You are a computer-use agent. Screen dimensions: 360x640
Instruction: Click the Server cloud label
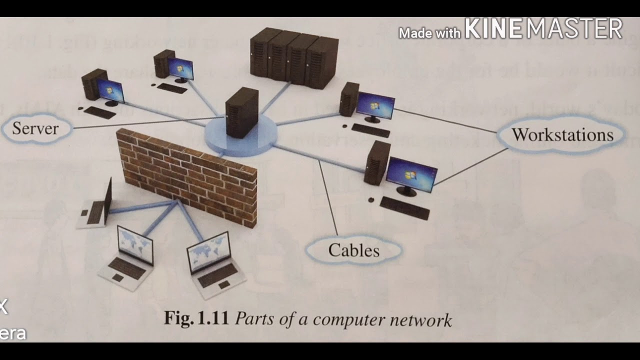click(x=35, y=129)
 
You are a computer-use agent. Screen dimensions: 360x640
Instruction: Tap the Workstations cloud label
click(x=562, y=134)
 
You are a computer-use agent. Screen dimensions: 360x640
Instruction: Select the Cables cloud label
click(x=353, y=250)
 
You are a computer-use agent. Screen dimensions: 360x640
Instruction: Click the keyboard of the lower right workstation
click(x=404, y=208)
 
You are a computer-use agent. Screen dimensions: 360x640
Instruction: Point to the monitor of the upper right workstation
click(x=374, y=106)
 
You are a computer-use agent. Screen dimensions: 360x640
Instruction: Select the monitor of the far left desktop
click(x=110, y=91)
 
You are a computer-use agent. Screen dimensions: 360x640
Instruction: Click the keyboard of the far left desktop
click(x=99, y=112)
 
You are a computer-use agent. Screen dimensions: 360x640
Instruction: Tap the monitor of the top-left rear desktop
click(x=180, y=69)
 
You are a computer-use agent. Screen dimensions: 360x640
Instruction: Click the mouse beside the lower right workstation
click(x=370, y=200)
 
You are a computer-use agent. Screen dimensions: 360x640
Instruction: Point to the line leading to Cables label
click(x=328, y=200)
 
